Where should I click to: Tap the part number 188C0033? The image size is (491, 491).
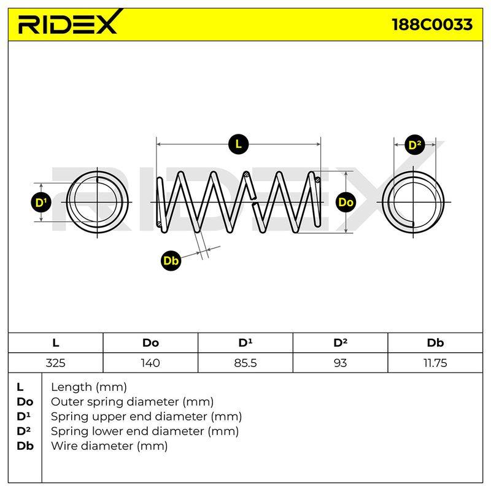coord(432,25)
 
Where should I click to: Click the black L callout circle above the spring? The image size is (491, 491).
coord(238,144)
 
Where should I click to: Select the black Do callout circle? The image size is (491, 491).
coord(346,203)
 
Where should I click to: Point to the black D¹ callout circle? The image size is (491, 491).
coord(41,203)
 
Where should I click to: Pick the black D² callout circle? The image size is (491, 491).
coord(415,145)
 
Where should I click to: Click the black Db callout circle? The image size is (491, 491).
coord(171,260)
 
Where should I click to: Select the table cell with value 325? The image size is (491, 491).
coord(55,363)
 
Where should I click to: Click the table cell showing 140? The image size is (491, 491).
coord(150,363)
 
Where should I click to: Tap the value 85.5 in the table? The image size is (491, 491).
coord(245,363)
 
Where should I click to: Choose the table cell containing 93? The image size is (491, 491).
coord(341,363)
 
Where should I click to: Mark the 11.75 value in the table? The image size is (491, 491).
coord(435,363)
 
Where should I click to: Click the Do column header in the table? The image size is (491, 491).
coord(150,343)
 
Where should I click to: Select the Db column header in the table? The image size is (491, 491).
coord(435,343)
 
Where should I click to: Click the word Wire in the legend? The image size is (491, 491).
coord(65,446)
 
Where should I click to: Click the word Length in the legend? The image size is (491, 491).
coord(72,387)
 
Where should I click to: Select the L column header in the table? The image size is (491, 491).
coord(55,343)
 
